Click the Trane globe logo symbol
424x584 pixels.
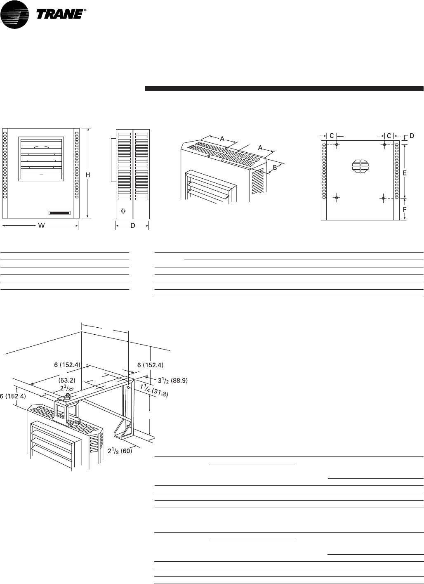pos(15,14)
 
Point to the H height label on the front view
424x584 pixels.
pos(88,175)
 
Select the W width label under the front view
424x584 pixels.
pos(41,226)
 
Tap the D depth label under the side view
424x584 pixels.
pos(132,226)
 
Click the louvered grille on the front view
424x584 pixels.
pos(41,158)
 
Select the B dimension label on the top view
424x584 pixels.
pos(274,168)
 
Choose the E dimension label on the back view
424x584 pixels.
pos(405,173)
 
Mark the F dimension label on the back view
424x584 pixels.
pos(405,209)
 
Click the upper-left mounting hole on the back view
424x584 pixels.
pos(337,144)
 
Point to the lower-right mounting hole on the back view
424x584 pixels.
pos(384,199)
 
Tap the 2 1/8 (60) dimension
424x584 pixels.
pos(120,451)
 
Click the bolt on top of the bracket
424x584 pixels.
pos(68,397)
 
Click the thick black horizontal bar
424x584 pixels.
pos(284,88)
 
